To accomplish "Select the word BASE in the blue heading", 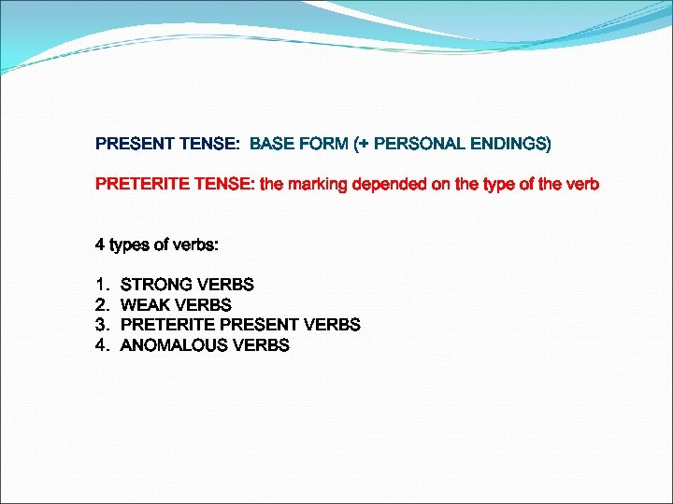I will click(x=271, y=144).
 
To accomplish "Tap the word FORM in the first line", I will click(x=322, y=144).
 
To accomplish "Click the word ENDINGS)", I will click(x=511, y=144).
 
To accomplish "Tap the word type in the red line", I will click(x=502, y=184).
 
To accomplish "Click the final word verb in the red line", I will click(x=581, y=184).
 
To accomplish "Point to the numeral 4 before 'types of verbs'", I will click(x=100, y=245).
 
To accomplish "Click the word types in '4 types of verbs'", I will click(x=132, y=245).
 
